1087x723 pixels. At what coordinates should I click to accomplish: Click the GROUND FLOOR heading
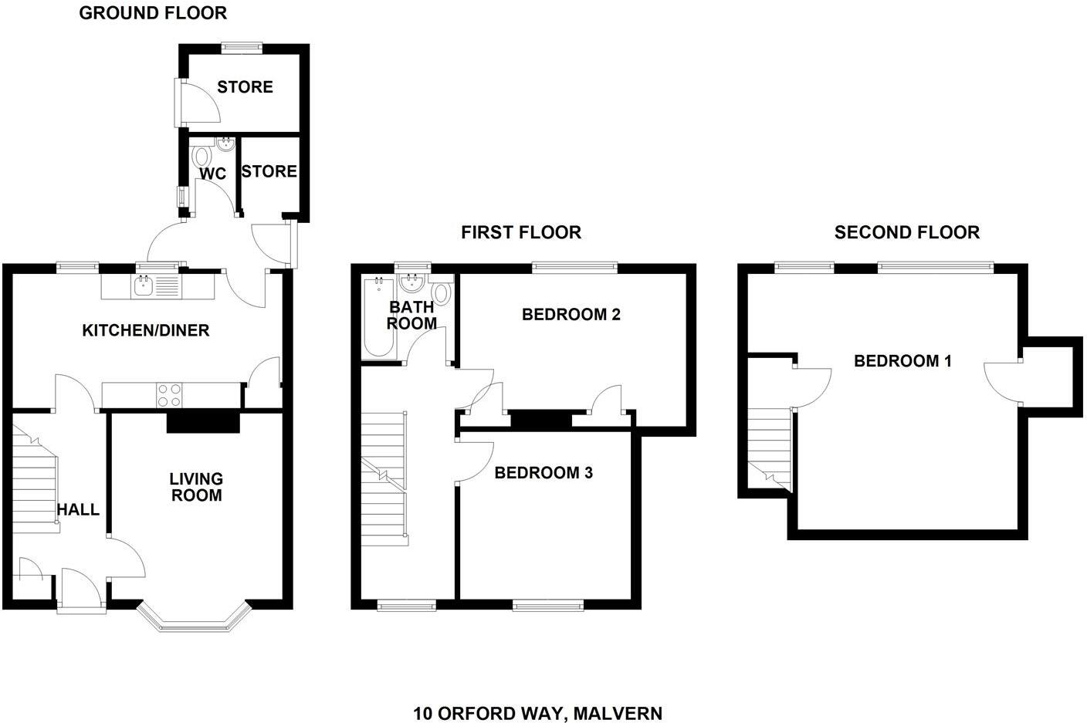coord(153,13)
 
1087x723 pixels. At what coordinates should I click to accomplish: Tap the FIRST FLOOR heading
coord(521,232)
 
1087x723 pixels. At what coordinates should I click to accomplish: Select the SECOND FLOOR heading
coord(906,232)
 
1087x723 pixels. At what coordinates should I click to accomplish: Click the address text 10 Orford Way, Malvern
coord(537,713)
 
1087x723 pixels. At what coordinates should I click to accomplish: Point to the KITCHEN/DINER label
coord(146,331)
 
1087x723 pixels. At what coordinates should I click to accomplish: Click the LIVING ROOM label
coord(196,487)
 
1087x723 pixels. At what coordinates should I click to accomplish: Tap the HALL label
coord(78,509)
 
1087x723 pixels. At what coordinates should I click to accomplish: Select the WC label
coord(212,174)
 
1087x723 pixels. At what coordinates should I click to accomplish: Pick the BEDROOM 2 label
coord(571,314)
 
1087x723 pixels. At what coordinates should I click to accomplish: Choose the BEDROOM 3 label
coord(543,472)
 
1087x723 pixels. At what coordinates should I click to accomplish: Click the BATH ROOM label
coord(411,316)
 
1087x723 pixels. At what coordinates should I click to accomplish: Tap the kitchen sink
coord(144,287)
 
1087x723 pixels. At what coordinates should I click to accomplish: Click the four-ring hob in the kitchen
coord(169,395)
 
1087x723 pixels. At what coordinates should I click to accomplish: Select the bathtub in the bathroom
coord(378,318)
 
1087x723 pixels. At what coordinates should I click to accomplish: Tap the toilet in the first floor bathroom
coord(441,293)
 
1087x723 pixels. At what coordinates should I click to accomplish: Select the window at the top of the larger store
coord(242,47)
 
